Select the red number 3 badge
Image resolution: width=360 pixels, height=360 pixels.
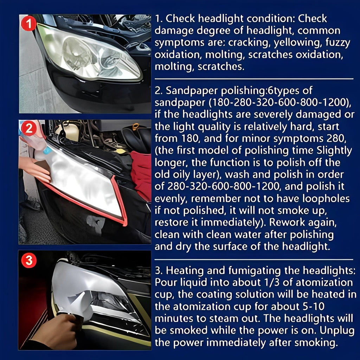(x=29, y=261)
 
